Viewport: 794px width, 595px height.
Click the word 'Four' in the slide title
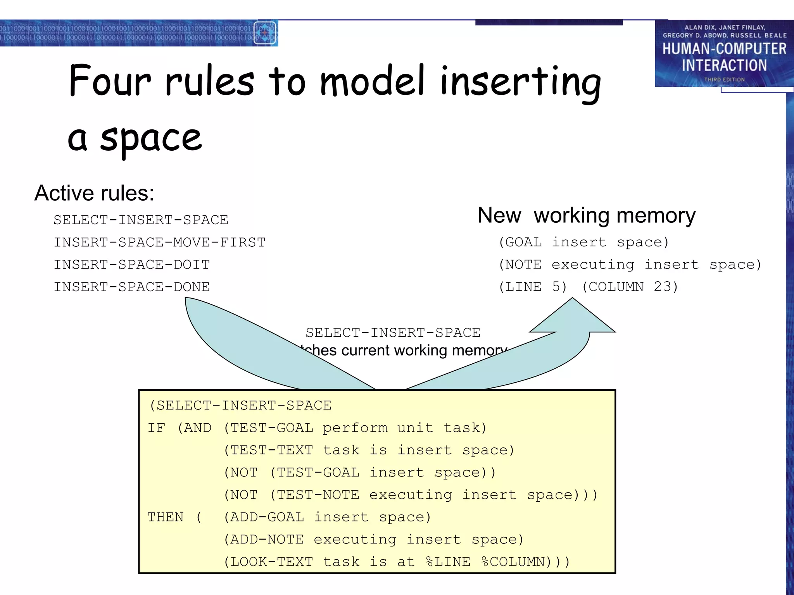pyautogui.click(x=110, y=81)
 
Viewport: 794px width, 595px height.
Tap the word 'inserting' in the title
pyautogui.click(x=520, y=82)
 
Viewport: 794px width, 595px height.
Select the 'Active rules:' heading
pyautogui.click(x=94, y=193)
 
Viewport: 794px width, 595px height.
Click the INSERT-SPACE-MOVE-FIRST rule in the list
pyautogui.click(x=159, y=242)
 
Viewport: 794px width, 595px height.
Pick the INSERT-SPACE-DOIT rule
pyautogui.click(x=132, y=265)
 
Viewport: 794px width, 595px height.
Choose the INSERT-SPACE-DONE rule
pyautogui.click(x=132, y=287)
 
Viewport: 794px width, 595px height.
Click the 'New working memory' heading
pyautogui.click(x=586, y=215)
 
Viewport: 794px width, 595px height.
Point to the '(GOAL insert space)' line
pyautogui.click(x=583, y=242)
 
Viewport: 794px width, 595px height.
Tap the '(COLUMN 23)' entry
pyautogui.click(x=630, y=287)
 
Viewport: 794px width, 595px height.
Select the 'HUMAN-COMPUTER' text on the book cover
pyautogui.click(x=724, y=49)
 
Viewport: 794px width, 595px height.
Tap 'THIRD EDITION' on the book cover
pyautogui.click(x=724, y=79)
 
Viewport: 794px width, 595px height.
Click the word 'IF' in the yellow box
pyautogui.click(x=156, y=428)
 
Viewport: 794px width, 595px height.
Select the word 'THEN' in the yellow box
pyautogui.click(x=166, y=517)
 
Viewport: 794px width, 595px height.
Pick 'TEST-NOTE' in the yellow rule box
pyautogui.click(x=318, y=495)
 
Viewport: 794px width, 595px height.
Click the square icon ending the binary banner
pyautogui.click(x=265, y=33)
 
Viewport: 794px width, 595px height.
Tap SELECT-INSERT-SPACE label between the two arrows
pyautogui.click(x=393, y=333)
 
